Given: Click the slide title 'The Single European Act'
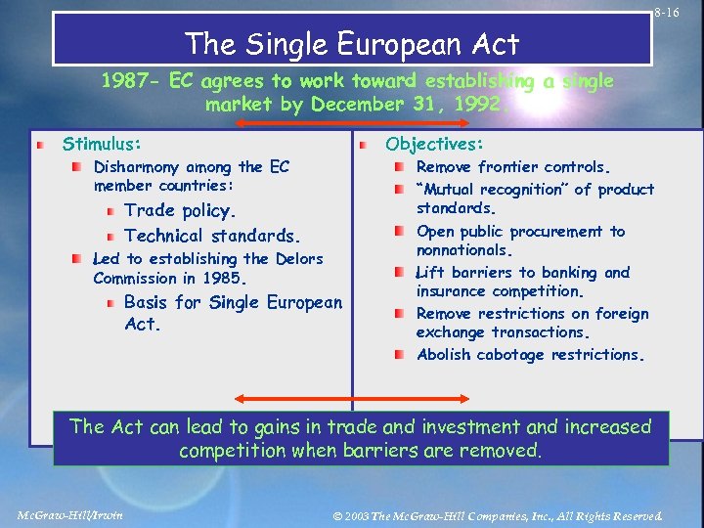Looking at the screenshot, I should point(352,43).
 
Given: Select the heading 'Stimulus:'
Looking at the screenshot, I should point(102,144).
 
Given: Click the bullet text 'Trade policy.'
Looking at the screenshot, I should point(181,210).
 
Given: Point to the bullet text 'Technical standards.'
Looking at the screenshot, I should point(212,236).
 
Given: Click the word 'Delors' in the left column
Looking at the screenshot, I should point(299,259).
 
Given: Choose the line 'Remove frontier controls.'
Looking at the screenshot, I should point(513,167).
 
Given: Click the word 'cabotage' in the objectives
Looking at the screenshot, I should point(513,355).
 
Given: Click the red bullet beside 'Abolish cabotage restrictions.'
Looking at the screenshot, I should point(400,355).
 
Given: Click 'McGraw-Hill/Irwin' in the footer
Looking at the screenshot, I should point(70,515).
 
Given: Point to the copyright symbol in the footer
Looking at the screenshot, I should point(337,515).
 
